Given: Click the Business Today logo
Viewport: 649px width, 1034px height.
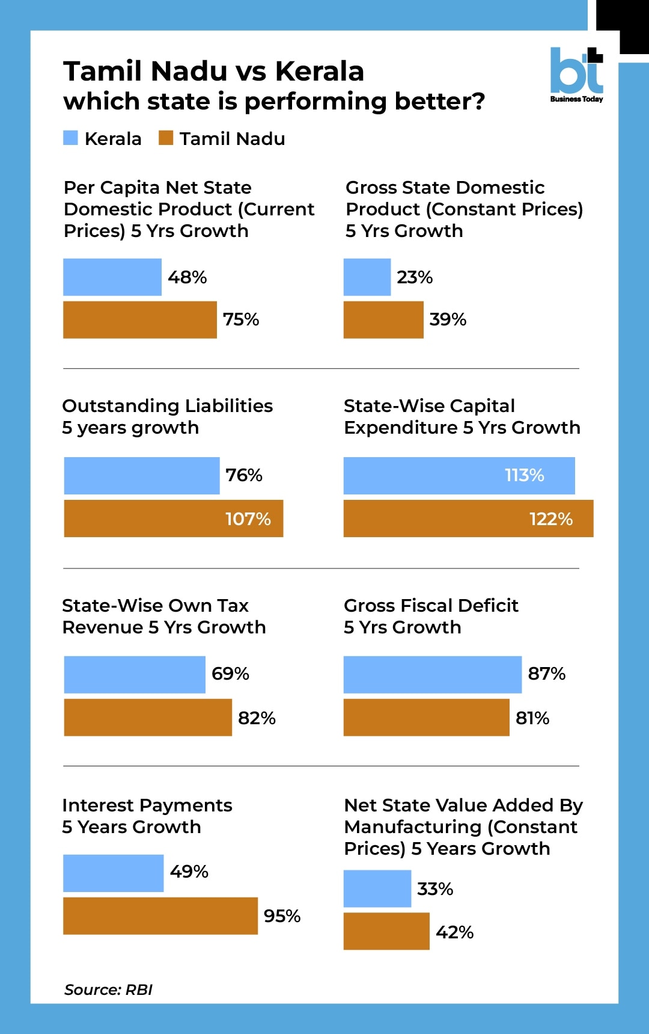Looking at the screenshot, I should pos(576,75).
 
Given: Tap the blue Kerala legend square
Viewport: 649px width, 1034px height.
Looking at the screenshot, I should pos(70,138).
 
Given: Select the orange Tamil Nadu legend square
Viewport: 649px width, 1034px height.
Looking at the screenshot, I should pos(166,138).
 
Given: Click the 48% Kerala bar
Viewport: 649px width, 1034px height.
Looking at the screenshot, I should pos(112,277).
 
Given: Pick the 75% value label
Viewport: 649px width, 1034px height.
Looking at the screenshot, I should pos(241,319).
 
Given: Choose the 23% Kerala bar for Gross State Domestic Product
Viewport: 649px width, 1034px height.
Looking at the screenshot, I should pos(367,277).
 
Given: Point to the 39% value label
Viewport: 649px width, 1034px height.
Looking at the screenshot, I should pos(448,319).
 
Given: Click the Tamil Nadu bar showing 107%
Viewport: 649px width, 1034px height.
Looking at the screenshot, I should pos(173,519).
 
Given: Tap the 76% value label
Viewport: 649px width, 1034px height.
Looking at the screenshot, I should pos(244,475).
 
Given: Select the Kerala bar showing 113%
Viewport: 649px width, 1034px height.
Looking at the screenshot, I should pos(459,476).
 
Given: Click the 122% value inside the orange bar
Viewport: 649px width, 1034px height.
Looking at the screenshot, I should pos(551,519).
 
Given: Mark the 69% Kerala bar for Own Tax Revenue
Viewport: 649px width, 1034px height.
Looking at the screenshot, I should pos(135,675).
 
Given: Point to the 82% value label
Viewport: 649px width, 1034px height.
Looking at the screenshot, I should pos(257,718).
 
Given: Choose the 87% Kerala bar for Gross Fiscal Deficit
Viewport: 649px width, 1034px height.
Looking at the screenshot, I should pos(433,675).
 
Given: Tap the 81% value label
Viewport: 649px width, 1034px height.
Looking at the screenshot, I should pos(532,718).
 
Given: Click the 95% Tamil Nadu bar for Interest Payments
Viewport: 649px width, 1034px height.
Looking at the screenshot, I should pos(160,916).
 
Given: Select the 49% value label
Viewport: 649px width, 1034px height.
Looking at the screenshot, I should pos(189,872).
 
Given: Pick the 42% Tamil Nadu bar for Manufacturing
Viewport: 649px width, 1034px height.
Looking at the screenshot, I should pos(386,931).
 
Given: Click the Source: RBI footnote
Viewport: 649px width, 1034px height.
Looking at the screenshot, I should pos(108,989).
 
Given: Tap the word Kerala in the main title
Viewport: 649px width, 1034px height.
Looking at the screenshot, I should pos(320,71).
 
